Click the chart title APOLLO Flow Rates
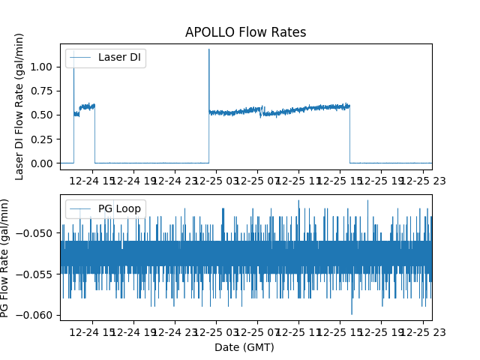click(245, 32)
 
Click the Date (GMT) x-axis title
click(244, 347)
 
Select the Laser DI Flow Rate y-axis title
click(20, 106)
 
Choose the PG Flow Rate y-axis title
click(6, 257)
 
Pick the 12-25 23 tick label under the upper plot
click(422, 181)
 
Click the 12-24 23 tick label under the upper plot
click(175, 181)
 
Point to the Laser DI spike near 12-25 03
click(208, 51)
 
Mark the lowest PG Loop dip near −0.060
click(352, 313)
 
